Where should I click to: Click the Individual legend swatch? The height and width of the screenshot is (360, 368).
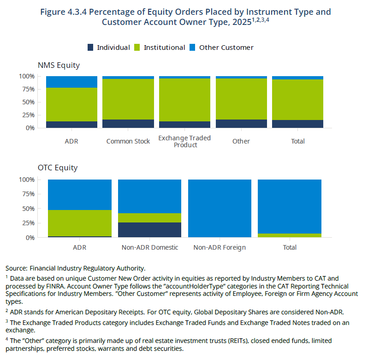pos(90,48)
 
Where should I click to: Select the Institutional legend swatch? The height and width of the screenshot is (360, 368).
pos(137,48)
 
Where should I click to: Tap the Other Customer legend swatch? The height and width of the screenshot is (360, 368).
pos(192,48)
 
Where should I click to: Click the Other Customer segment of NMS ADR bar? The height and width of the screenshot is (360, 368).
pos(71,82)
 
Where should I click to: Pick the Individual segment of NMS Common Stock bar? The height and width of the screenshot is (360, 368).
pos(128,124)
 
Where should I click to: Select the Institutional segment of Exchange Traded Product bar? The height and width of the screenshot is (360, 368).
pos(185,100)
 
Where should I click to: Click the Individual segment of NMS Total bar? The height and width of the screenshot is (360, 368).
pos(297,124)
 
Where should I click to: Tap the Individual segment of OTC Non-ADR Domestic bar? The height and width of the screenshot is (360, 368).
pos(150,230)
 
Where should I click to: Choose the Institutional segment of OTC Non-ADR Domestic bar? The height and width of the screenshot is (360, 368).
pos(150,218)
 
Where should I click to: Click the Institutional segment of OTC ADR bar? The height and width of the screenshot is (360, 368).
pos(80,223)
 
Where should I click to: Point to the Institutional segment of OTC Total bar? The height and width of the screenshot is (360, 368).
pos(290,235)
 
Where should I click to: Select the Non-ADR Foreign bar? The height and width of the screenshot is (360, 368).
pos(220,209)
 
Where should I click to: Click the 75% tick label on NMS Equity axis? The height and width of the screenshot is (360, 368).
pos(29,89)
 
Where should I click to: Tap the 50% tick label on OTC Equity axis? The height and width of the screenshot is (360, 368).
pos(29,209)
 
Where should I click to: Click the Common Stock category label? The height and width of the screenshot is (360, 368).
pos(128,141)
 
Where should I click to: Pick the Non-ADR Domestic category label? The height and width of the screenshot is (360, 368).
pos(150,247)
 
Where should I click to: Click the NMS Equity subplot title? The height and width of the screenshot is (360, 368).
pos(59,65)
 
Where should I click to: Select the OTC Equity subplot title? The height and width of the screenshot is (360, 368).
pos(58,168)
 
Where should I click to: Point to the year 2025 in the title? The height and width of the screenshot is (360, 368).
pos(242,22)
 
